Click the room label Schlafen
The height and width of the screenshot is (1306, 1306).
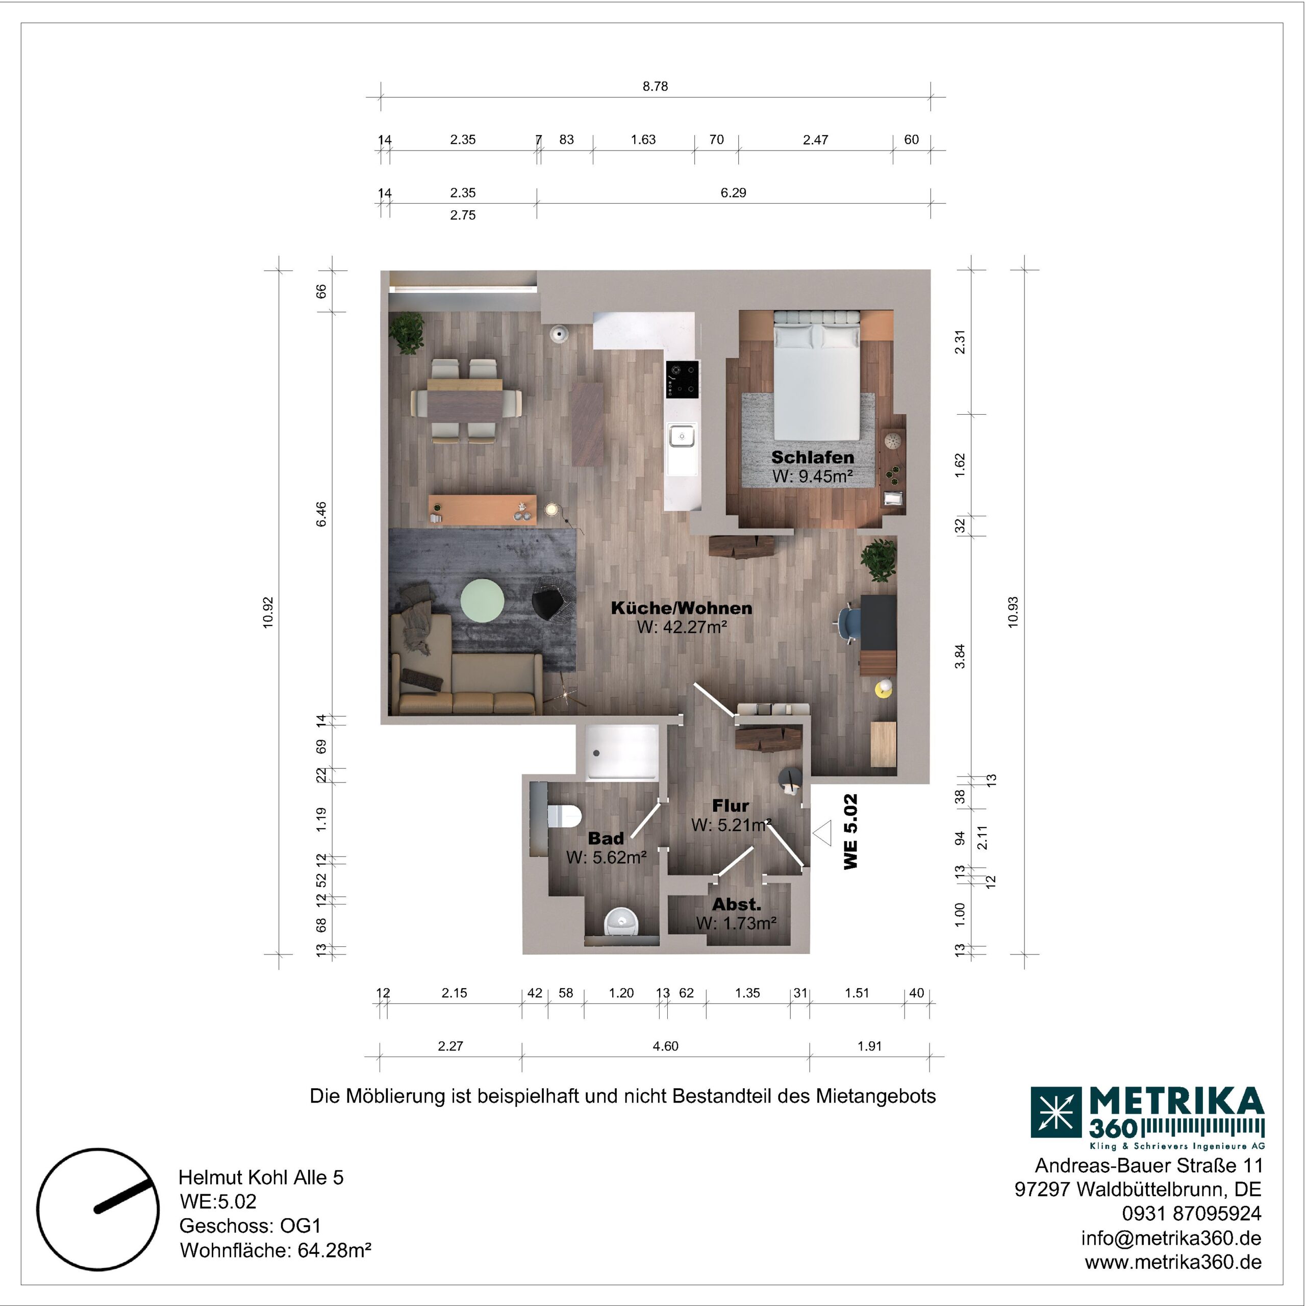coord(813,458)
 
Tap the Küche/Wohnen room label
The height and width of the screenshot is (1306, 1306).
coord(682,608)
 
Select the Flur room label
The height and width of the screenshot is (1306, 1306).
coord(730,806)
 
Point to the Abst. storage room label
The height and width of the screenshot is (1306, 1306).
coord(736,905)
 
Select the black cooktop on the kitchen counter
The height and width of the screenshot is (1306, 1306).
coord(682,379)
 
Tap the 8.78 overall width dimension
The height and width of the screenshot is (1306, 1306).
coord(655,87)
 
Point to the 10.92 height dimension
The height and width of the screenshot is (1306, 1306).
coord(268,612)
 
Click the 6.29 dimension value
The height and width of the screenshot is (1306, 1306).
coord(734,193)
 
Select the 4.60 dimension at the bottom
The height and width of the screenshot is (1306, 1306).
coord(665,1046)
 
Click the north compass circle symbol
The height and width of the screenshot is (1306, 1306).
coord(98,1209)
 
